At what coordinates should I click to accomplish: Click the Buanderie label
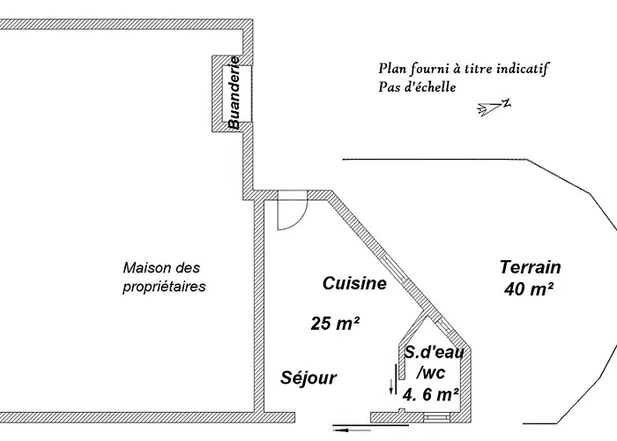234,93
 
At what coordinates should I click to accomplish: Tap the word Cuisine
354,283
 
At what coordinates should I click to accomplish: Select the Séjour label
308,377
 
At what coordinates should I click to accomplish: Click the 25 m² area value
335,324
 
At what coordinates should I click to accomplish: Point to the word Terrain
530,267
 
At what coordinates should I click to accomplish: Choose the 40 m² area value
529,288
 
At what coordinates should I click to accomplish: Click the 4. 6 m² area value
430,394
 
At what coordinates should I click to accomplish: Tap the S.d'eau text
429,352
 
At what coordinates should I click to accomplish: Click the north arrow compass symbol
494,107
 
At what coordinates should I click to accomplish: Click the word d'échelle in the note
427,86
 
